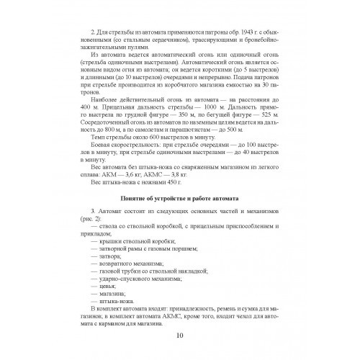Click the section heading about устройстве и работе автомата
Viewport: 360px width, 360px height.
click(x=180, y=197)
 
